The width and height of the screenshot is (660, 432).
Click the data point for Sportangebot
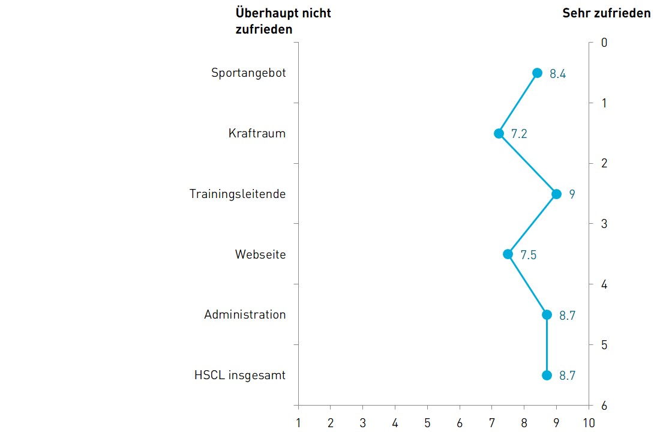537,73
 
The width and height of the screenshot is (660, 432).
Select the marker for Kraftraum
499,133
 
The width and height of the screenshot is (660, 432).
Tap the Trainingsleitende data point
556,194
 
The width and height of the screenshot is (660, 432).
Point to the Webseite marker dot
508,254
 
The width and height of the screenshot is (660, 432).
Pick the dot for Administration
547,314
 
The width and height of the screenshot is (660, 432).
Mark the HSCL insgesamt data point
547,375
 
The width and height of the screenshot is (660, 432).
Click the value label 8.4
558,74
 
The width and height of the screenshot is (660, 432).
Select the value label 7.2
519,134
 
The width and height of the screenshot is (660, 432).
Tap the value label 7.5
529,255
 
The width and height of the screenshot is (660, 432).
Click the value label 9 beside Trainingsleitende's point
572,194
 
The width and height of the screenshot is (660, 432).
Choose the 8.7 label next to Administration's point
567,316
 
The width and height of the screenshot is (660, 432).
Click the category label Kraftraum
257,133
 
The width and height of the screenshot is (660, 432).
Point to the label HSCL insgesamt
240,376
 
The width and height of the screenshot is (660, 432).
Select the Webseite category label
260,254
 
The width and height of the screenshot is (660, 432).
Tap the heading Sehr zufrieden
606,13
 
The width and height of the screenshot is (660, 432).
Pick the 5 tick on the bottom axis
427,423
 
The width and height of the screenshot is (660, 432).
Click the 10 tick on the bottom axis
589,423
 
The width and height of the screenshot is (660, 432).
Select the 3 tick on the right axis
604,224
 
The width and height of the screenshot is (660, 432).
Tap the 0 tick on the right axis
604,43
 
